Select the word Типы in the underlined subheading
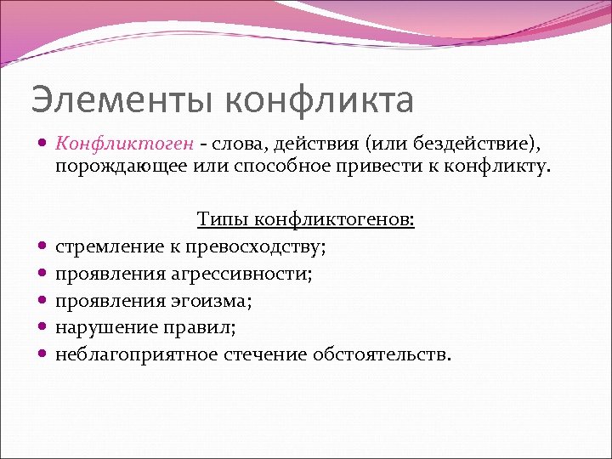[x=219, y=220]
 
